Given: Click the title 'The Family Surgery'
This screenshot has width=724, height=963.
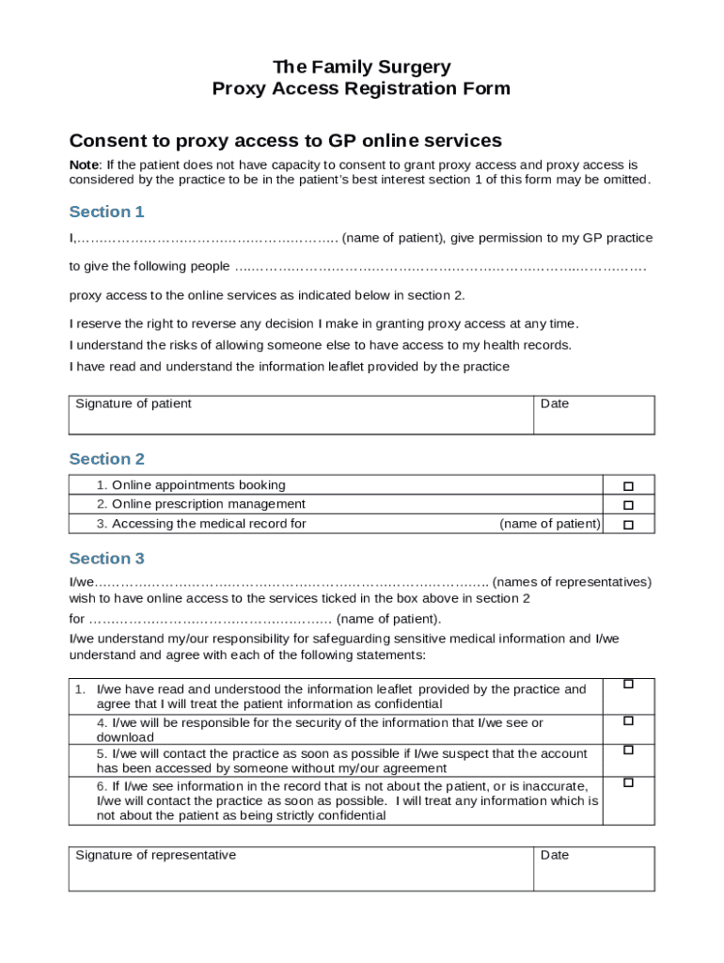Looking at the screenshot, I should coord(361,67).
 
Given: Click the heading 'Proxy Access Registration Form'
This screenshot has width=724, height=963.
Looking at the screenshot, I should coord(361,89).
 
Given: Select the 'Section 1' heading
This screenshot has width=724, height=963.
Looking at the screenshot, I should coord(106,212).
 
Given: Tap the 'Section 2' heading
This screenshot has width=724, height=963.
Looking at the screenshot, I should coord(106,459).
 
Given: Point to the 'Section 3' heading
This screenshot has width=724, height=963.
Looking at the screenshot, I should coord(106,559).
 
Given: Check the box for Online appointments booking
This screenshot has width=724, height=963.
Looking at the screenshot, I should coord(628,486).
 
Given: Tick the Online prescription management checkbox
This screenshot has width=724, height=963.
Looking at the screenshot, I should coord(628,505).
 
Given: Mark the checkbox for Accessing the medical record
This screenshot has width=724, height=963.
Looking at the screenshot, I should coord(628,525).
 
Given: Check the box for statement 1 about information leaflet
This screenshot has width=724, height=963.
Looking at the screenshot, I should coord(628,685).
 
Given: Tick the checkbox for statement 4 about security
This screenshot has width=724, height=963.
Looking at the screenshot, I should coord(628,720).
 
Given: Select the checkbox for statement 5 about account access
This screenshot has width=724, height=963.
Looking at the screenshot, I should coord(628,750).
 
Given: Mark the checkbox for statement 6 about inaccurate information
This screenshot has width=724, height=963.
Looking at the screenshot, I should coord(628,782).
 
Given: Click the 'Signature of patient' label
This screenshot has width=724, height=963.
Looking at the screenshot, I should coord(133,403).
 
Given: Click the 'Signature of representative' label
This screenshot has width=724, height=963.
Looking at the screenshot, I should coord(155,855).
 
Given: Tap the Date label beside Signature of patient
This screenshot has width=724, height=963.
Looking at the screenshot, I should coord(555,403).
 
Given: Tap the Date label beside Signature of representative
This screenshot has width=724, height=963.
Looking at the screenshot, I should coord(555,855).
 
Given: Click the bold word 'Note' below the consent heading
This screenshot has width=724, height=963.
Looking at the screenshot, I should coord(85,165).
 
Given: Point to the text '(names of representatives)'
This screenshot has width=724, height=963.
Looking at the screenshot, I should coord(572,582).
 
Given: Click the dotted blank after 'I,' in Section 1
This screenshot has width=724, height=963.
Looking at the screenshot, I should coord(207,239).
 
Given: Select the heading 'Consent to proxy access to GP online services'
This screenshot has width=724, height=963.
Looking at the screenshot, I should coord(286,141).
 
